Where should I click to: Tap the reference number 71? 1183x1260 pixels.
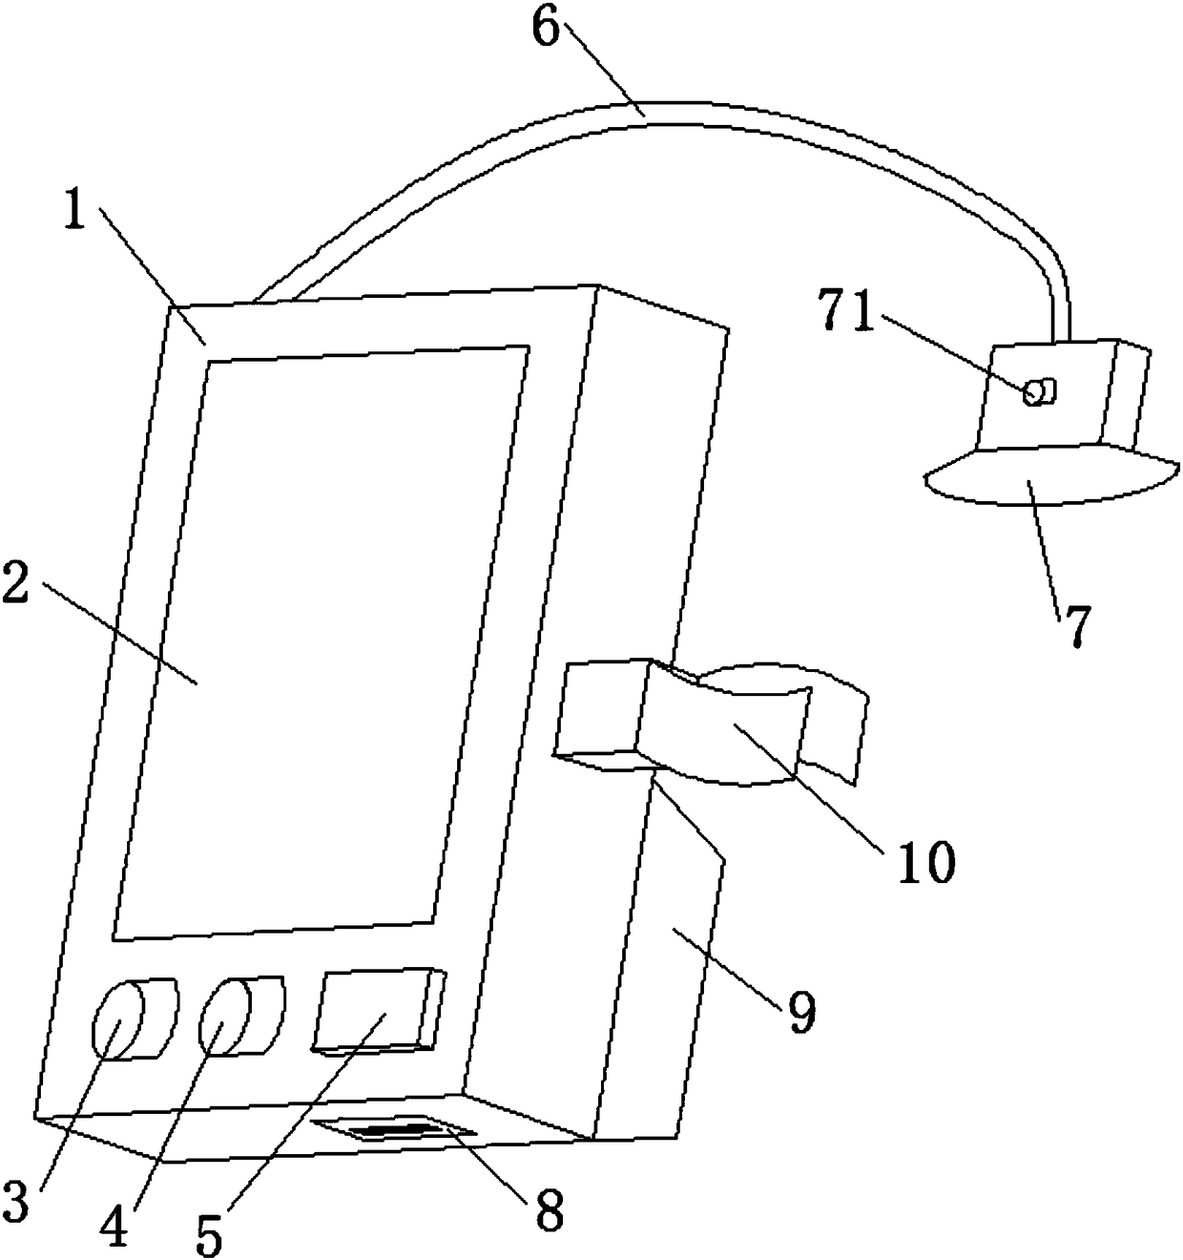click(x=847, y=312)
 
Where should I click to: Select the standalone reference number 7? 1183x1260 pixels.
click(x=1075, y=625)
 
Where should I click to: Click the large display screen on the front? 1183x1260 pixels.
click(x=320, y=640)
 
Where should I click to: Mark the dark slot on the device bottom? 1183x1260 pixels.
click(x=396, y=1132)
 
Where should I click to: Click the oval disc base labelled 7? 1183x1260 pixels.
click(x=1049, y=476)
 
